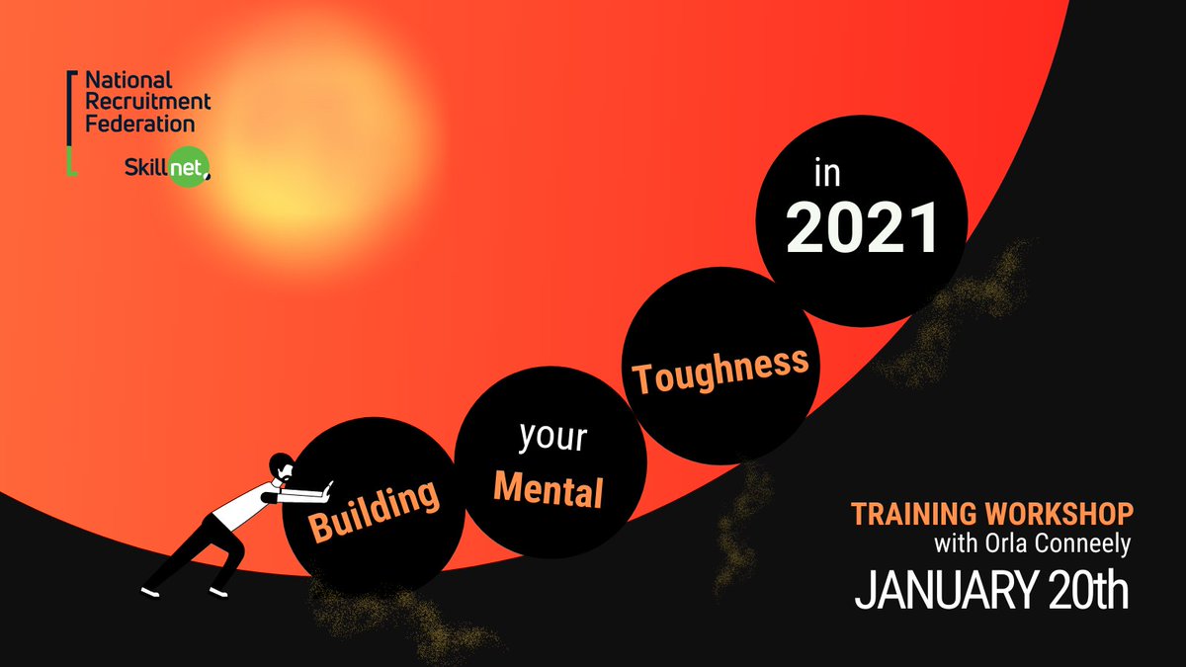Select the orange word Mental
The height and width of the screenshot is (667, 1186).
click(x=550, y=488)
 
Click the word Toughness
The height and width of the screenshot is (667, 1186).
click(x=720, y=370)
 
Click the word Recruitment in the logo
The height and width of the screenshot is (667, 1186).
click(x=146, y=102)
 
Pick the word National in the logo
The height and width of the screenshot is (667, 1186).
click(x=127, y=79)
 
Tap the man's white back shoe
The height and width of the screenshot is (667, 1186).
click(x=150, y=591)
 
